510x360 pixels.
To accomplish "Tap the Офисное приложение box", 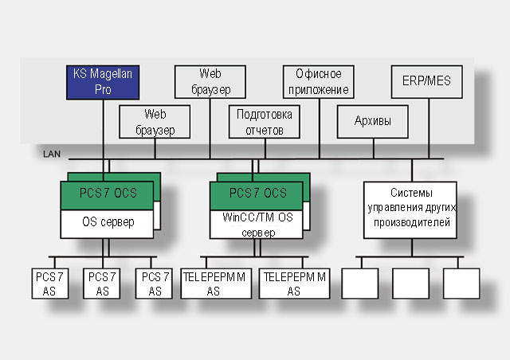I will pyautogui.click(x=318, y=81).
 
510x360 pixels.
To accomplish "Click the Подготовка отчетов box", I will pyautogui.click(x=265, y=121).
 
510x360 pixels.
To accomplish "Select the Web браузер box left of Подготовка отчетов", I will pyautogui.click(x=155, y=121).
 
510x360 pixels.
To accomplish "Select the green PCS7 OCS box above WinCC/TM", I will pyautogui.click(x=257, y=194).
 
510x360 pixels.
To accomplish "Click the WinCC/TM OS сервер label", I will pyautogui.click(x=257, y=223).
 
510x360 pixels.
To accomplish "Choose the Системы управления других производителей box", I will pyautogui.click(x=411, y=209).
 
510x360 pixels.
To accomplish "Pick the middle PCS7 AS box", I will pyautogui.click(x=103, y=284).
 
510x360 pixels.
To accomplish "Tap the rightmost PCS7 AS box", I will pyautogui.click(x=155, y=284).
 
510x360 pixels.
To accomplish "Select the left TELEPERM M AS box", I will pyautogui.click(x=214, y=284).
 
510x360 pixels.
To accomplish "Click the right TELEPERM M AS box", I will pyautogui.click(x=295, y=284).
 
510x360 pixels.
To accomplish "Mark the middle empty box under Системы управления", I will pyautogui.click(x=411, y=284).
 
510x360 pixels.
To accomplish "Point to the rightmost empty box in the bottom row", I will pyautogui.click(x=461, y=284).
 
